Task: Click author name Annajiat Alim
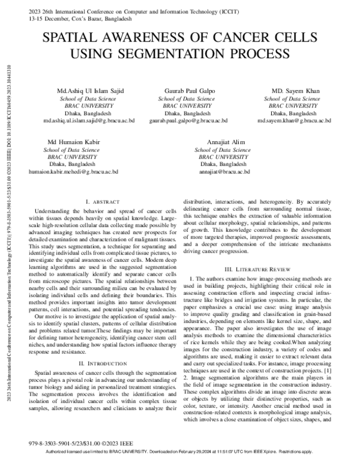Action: pos(223,142)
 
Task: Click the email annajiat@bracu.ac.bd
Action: pos(223,171)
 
